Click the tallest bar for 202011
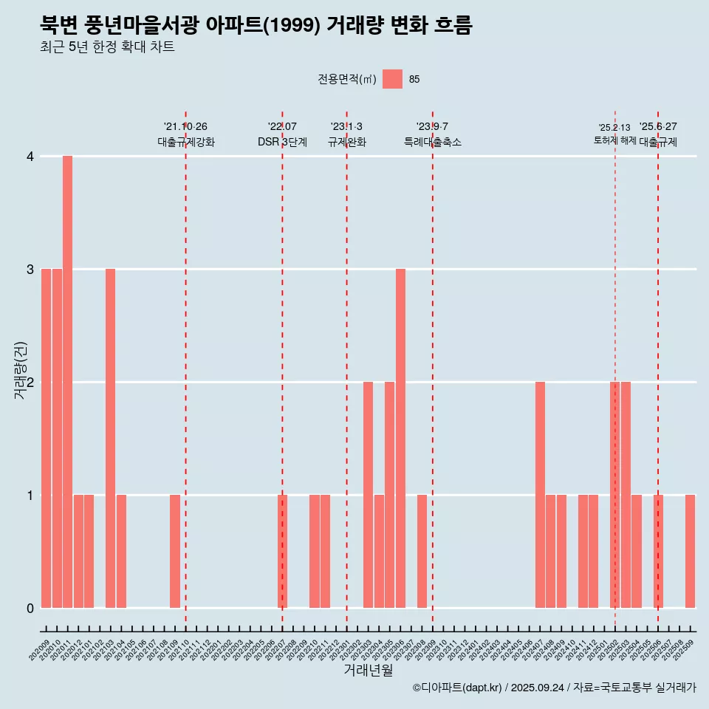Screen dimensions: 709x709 [x=67, y=382]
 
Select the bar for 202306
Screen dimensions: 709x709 [x=400, y=438]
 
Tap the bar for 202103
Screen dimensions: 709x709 [x=110, y=438]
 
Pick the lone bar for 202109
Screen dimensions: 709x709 [x=175, y=551]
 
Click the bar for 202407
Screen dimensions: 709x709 [x=540, y=495]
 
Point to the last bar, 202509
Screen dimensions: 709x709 [x=690, y=551]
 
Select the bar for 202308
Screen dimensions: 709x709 [x=422, y=551]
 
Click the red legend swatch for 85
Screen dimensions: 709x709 [x=392, y=79]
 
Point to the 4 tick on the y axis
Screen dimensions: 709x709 [x=30, y=156]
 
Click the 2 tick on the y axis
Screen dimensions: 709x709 [x=30, y=382]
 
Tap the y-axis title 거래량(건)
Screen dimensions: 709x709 [x=21, y=370]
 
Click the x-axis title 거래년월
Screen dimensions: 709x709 [x=368, y=671]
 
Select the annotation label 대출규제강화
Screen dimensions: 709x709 [x=186, y=142]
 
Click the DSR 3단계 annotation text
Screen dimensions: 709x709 [x=282, y=142]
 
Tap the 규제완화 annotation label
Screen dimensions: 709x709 [x=347, y=142]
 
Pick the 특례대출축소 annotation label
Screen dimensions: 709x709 [x=433, y=142]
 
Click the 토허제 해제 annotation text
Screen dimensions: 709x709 [x=614, y=140]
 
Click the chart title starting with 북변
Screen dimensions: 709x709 [x=256, y=25]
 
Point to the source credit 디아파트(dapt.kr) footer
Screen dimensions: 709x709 [x=554, y=688]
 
